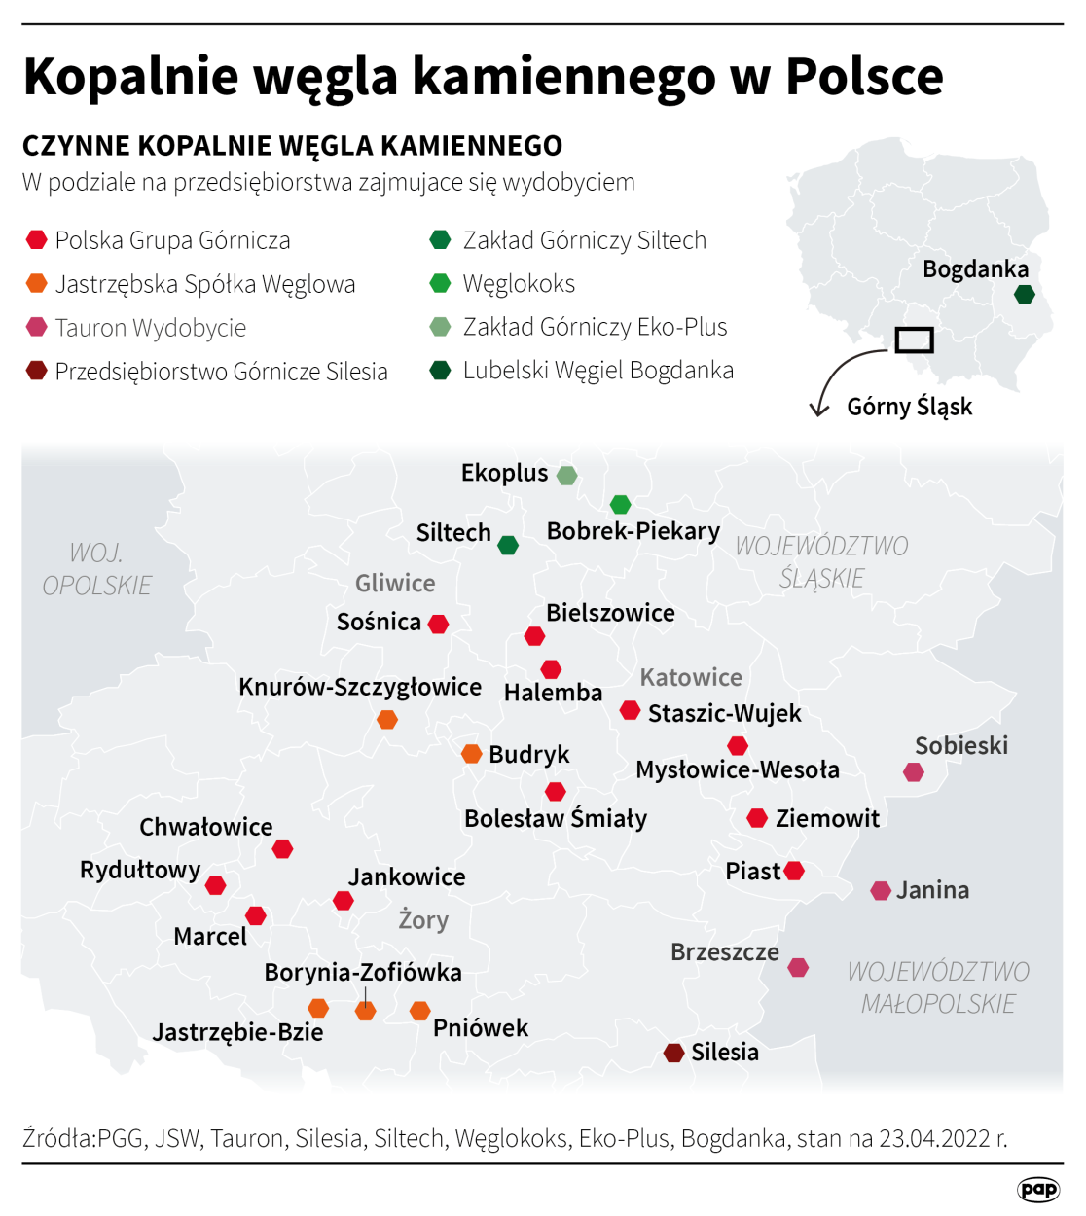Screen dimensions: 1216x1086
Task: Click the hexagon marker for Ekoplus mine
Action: coord(566,475)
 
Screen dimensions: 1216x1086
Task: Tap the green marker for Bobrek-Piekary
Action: coord(620,504)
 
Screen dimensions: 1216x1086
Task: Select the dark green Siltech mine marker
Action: coord(508,545)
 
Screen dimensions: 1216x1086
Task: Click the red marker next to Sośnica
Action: coord(439,624)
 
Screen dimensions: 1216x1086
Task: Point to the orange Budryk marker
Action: coord(472,754)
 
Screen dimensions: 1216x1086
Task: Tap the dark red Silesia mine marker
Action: coord(674,1053)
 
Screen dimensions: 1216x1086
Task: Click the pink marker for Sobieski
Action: coord(913,772)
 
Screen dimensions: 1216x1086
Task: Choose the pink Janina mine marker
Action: coord(881,890)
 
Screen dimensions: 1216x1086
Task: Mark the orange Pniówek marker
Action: coord(420,1011)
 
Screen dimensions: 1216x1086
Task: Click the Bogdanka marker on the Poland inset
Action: coord(1024,294)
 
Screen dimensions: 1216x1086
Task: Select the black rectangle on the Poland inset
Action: coord(914,340)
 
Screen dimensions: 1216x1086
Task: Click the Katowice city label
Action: coord(691,677)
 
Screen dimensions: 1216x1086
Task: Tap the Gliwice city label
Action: coord(395,583)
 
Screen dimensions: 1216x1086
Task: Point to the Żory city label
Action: coord(423,919)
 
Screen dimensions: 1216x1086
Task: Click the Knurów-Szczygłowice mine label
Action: coord(360,687)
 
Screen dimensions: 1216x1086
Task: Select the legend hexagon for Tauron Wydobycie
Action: coord(37,327)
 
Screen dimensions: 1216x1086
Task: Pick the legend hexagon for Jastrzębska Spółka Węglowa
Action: coord(37,283)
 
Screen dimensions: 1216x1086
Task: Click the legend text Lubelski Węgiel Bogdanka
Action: coord(597,371)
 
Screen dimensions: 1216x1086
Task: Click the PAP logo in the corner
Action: coord(1037,1189)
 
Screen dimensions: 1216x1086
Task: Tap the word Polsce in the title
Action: coord(864,76)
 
